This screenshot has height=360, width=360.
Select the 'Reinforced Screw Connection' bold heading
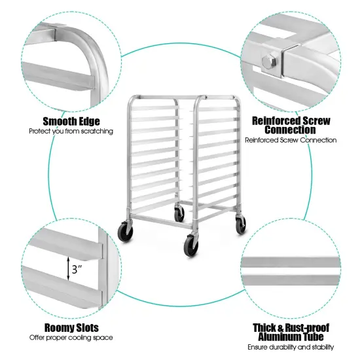291,124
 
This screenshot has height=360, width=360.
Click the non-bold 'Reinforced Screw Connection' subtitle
291,140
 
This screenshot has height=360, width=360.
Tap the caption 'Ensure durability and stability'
291,348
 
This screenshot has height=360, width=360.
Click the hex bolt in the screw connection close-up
268,62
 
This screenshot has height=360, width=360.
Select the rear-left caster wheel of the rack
179,213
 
